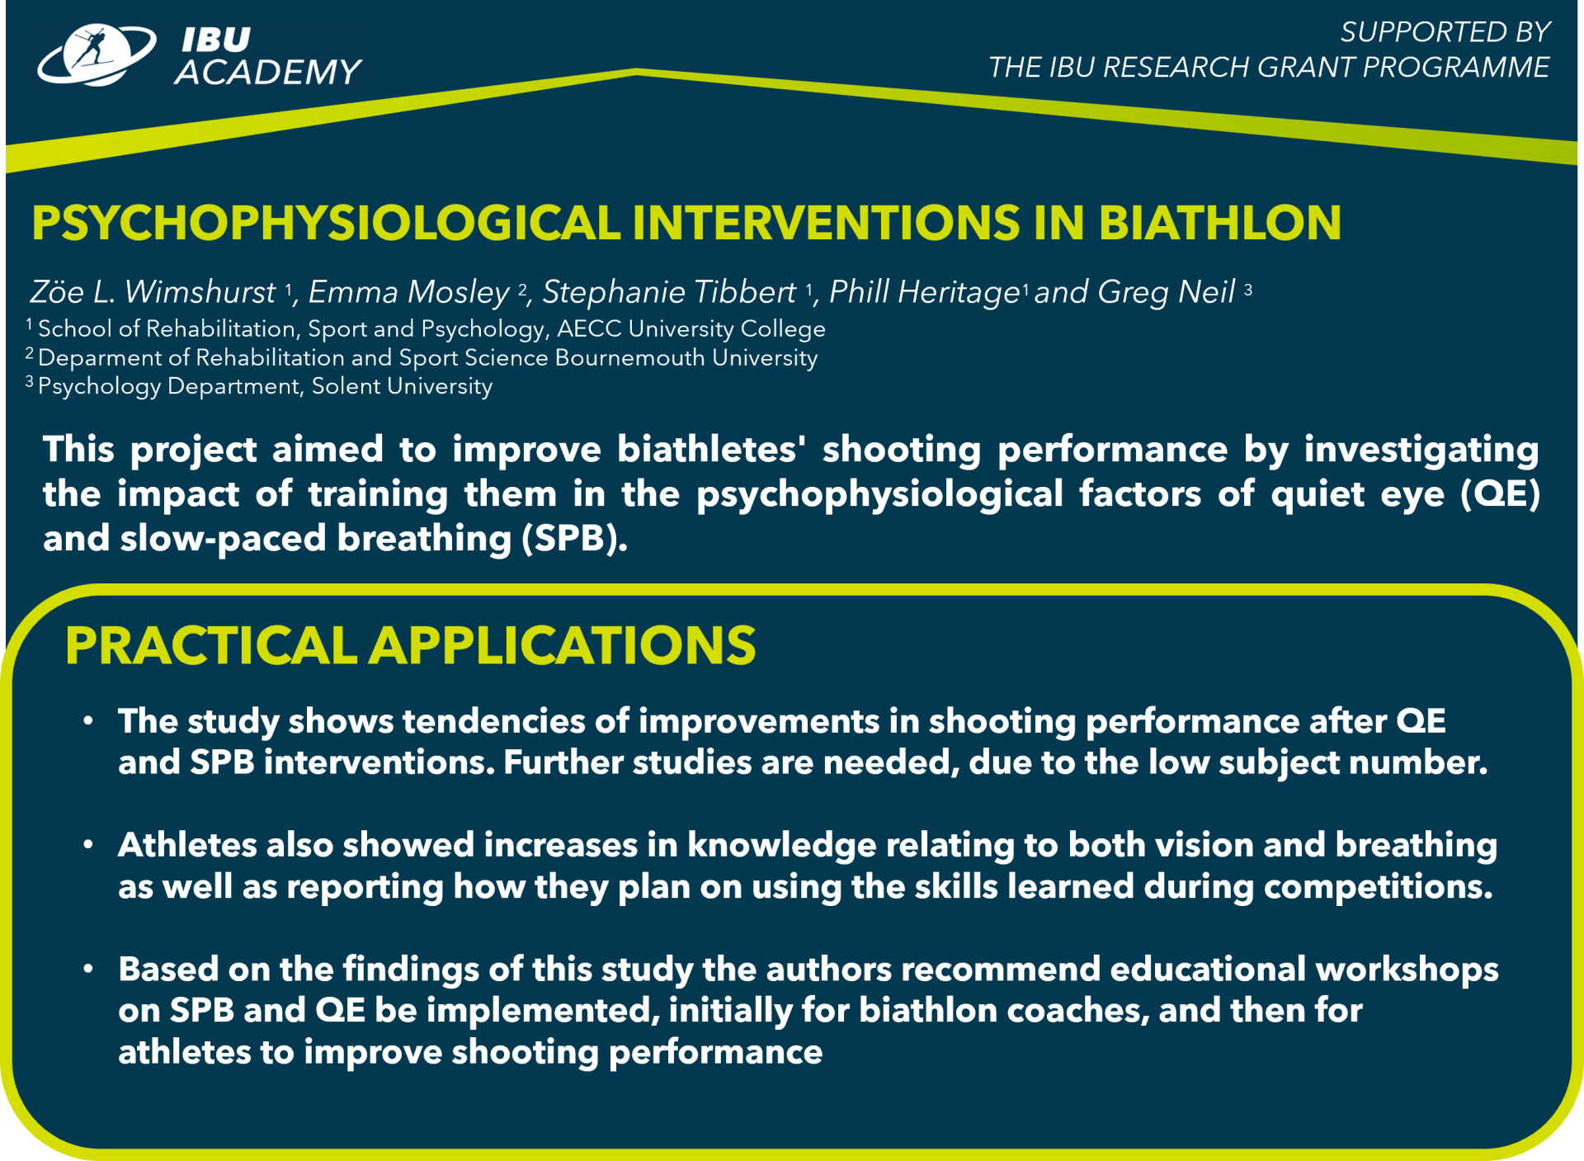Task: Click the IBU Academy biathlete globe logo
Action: click(x=97, y=54)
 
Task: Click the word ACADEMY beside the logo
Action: click(x=268, y=73)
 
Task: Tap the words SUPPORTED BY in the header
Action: click(x=1445, y=31)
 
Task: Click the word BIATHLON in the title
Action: click(x=1219, y=223)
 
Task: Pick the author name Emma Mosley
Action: click(x=408, y=292)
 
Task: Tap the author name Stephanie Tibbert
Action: click(x=669, y=292)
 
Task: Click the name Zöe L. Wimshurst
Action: click(x=153, y=292)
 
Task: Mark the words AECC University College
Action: click(x=691, y=328)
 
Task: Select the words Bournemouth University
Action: click(x=686, y=357)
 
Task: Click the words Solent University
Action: click(x=402, y=386)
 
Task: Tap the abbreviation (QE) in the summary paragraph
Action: click(x=1500, y=494)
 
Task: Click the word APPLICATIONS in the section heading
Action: click(x=563, y=645)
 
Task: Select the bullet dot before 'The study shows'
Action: click(x=87, y=721)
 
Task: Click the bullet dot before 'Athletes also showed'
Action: click(x=87, y=845)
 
